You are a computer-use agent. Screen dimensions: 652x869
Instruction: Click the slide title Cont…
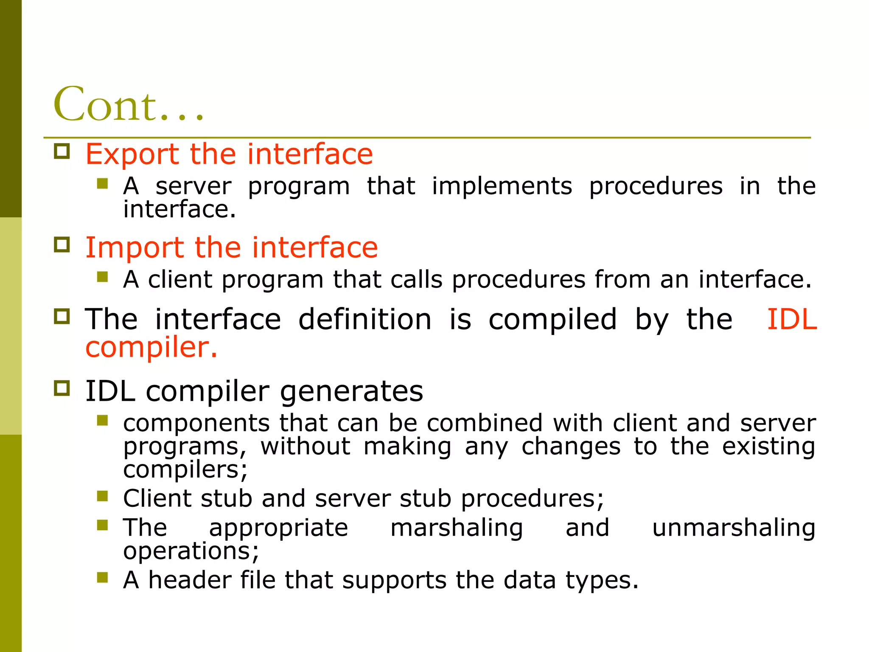tap(128, 104)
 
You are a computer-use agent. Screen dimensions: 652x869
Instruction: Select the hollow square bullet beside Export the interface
tap(62, 151)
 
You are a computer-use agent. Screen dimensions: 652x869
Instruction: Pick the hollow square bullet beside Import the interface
tap(62, 245)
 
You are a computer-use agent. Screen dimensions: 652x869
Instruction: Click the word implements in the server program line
tap(502, 187)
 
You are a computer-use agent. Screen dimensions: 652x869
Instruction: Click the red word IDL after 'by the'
tap(792, 319)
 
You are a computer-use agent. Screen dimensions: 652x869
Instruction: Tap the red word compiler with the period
tap(151, 348)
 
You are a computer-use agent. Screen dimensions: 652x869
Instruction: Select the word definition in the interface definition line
tap(365, 319)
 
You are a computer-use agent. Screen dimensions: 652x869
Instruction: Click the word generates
tap(351, 391)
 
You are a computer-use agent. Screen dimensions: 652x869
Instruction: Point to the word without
tap(306, 447)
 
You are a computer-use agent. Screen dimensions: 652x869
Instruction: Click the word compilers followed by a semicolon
tap(185, 470)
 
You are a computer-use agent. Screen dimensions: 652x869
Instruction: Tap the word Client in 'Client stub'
tap(157, 498)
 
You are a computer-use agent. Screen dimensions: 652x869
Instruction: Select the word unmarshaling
tap(734, 528)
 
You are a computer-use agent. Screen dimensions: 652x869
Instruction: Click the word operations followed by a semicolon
tap(191, 551)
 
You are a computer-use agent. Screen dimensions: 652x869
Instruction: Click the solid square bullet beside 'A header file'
tap(102, 577)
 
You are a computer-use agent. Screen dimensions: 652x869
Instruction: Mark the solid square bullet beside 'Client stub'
tap(102, 496)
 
